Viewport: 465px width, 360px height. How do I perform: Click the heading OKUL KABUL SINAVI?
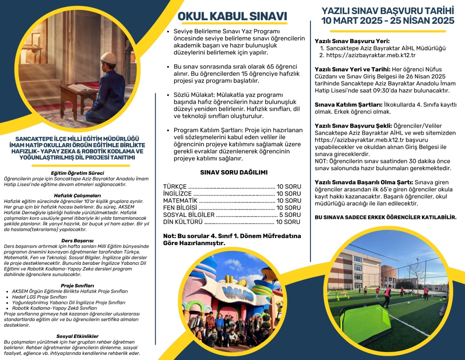click(x=232, y=16)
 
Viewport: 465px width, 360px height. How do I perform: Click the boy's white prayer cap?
click(x=108, y=58)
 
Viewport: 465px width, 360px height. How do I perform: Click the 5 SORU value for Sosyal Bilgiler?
click(x=289, y=215)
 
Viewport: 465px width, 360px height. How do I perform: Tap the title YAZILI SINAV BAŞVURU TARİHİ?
click(x=388, y=10)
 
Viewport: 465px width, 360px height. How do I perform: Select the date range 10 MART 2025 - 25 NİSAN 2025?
click(x=388, y=21)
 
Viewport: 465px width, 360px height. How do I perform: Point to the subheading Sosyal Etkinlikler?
click(x=77, y=336)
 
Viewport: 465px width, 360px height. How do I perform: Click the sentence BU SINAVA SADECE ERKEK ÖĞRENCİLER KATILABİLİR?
click(x=386, y=217)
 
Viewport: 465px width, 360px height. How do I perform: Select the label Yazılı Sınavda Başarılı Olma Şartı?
click(x=364, y=181)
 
